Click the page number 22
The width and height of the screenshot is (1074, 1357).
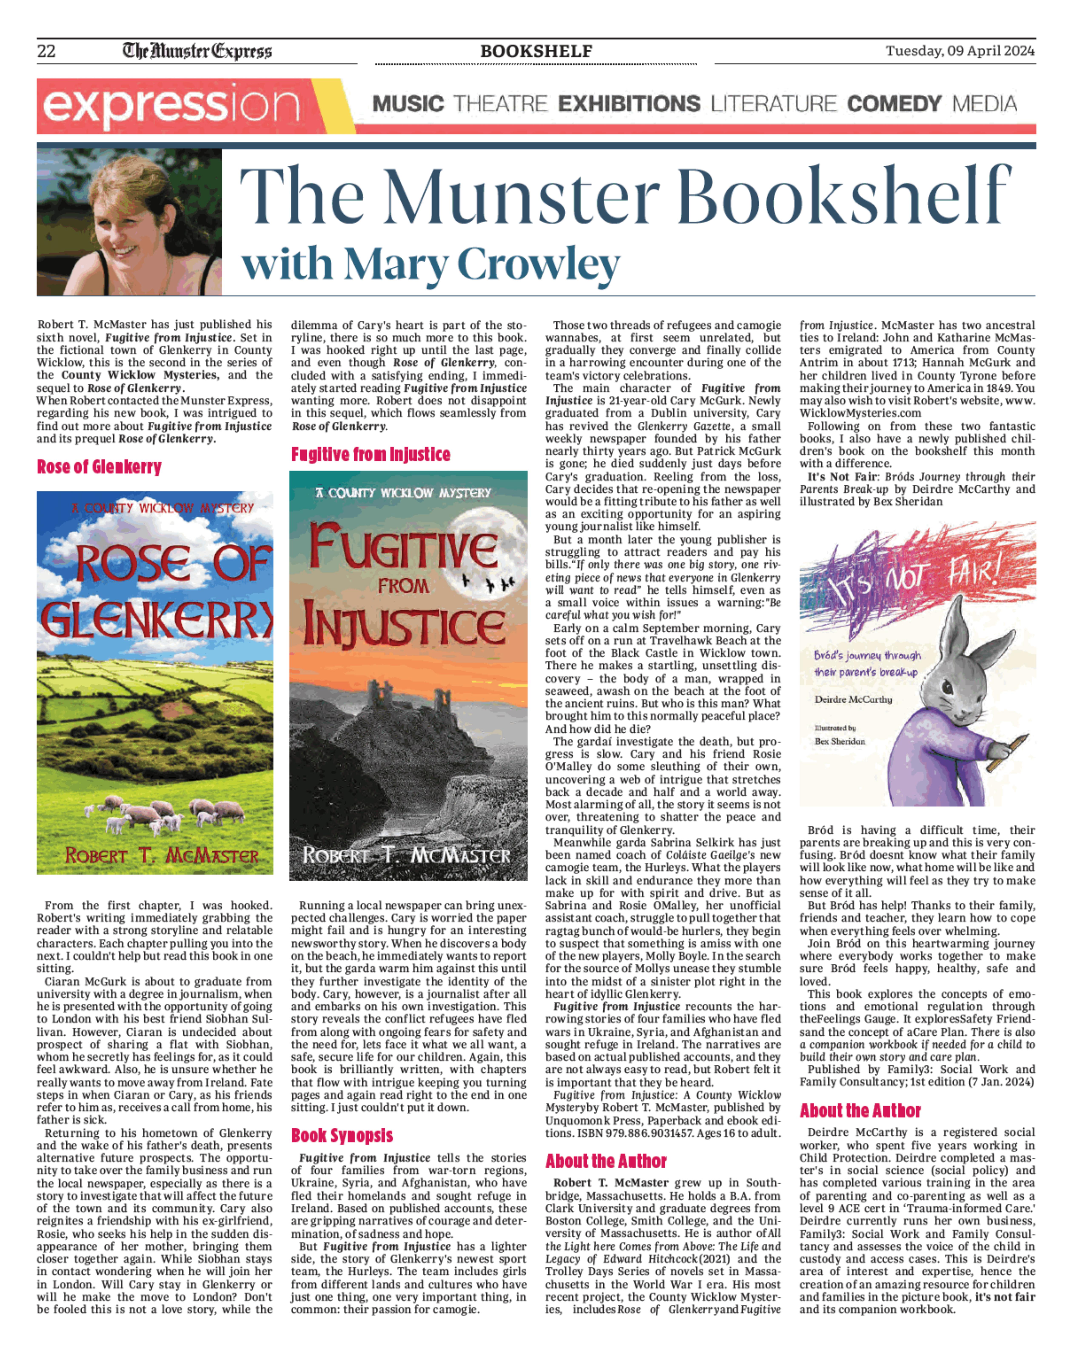47,51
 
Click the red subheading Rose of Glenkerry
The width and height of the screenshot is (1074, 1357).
99,467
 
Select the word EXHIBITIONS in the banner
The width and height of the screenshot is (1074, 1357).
629,104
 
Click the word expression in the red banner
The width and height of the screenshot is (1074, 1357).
170,106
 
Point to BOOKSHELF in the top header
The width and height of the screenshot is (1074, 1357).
536,51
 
